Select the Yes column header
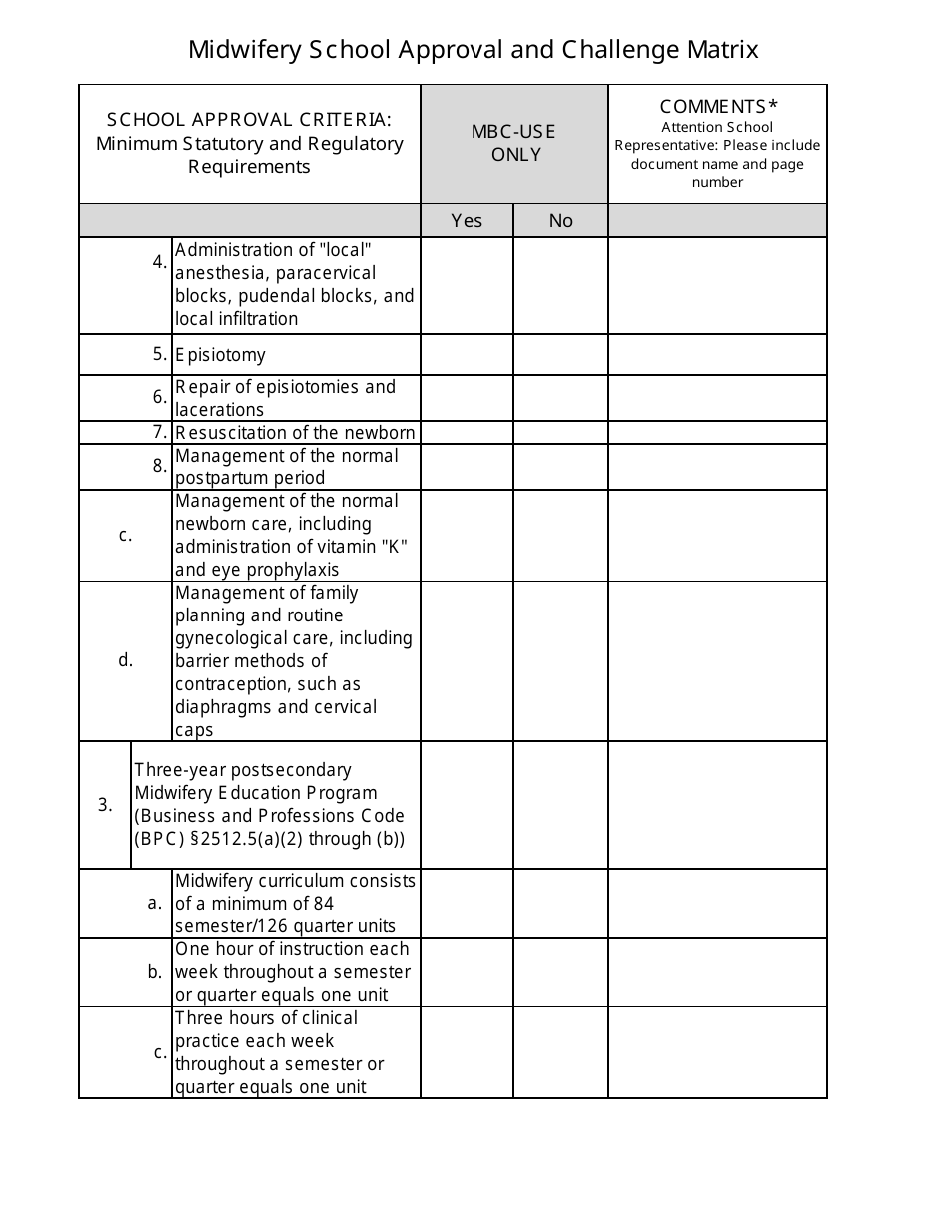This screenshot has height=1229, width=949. [x=467, y=221]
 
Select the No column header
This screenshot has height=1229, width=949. [x=561, y=221]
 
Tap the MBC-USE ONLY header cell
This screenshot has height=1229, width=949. [x=514, y=144]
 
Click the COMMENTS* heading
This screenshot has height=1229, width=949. [x=718, y=107]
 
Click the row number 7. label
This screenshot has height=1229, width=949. [x=160, y=432]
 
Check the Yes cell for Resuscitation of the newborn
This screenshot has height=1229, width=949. [x=467, y=432]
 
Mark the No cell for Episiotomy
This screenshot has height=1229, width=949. [x=561, y=355]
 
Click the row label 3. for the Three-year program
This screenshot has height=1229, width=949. [x=105, y=805]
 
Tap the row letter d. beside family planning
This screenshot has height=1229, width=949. [x=125, y=660]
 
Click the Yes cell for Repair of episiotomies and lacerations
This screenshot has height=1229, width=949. [x=467, y=397]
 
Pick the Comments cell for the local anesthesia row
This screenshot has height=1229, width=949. [x=717, y=285]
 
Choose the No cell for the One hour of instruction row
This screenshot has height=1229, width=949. [x=561, y=972]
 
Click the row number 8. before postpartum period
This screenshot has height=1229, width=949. [x=160, y=466]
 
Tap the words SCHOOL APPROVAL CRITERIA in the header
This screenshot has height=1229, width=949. [x=249, y=120]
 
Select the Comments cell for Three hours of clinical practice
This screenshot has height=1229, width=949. [x=717, y=1052]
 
